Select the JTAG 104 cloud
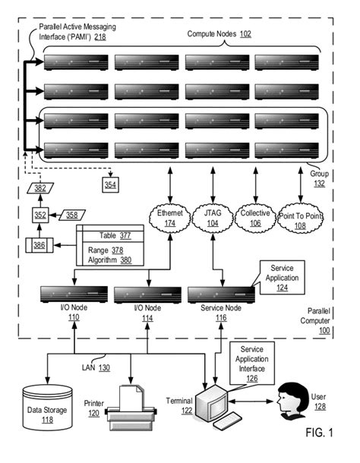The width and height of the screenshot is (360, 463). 213,219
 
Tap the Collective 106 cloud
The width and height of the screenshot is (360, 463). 256,219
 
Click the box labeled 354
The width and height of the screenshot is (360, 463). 109,184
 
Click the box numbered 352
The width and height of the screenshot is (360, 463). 40,215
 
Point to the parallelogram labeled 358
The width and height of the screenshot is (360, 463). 70,215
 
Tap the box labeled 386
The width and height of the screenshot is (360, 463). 38,245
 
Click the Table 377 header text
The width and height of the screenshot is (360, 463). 115,235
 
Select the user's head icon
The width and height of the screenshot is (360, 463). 292,398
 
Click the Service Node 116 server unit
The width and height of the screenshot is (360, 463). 220,294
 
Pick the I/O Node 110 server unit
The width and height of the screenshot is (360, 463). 73,294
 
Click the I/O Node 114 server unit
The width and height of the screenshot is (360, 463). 147,294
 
